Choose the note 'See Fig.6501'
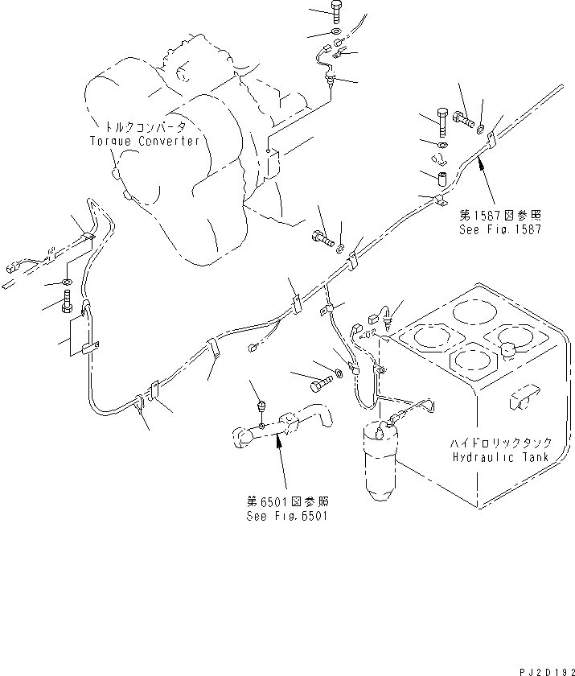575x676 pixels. tap(287, 515)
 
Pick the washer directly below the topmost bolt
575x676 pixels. tap(335, 32)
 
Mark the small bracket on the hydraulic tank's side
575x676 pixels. tap(521, 394)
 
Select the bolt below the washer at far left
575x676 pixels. tap(67, 303)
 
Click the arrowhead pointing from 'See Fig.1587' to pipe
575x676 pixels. tap(480, 161)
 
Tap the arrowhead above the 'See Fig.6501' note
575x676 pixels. tap(278, 439)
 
